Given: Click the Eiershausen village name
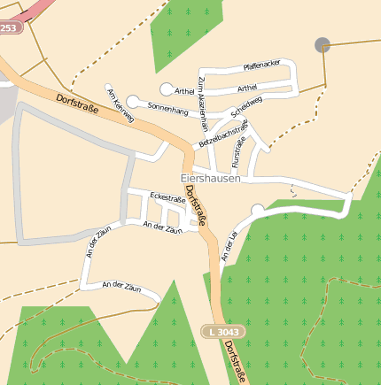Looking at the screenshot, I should pyautogui.click(x=210, y=178).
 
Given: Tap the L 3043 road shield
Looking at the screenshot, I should pyautogui.click(x=222, y=331).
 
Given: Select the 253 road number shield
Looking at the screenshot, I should pyautogui.click(x=9, y=28).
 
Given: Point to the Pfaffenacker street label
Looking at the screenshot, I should pyautogui.click(x=261, y=65).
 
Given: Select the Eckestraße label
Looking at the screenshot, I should pyautogui.click(x=167, y=197).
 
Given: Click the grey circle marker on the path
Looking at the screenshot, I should pyautogui.click(x=322, y=43).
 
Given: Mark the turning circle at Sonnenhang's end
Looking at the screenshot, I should pyautogui.click(x=133, y=103).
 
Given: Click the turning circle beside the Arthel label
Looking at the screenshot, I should pyautogui.click(x=166, y=89).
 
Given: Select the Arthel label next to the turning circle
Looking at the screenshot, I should pyautogui.click(x=184, y=90).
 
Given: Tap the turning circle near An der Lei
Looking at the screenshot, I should pyautogui.click(x=258, y=210).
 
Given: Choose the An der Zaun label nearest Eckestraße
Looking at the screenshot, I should pyautogui.click(x=162, y=227).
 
